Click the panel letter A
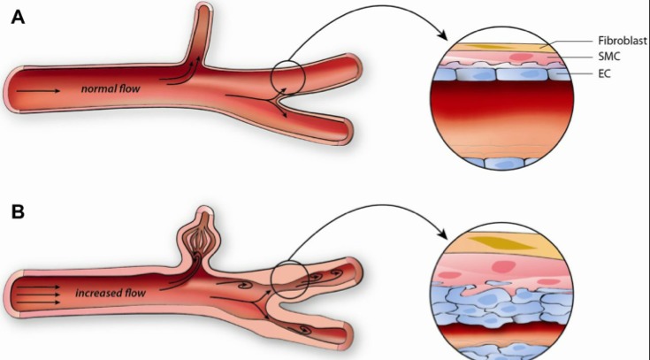[16, 18]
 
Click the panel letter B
[16, 212]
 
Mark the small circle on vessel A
[288, 77]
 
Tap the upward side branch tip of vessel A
[202, 12]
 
